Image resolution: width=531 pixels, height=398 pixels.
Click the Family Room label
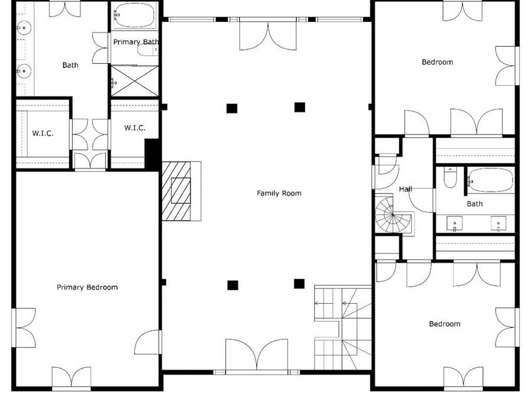279,193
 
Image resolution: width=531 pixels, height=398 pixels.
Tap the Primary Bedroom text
87,287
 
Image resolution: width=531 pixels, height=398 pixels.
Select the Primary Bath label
136,42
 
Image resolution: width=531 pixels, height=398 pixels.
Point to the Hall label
405,189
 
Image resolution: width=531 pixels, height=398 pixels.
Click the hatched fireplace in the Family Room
176,191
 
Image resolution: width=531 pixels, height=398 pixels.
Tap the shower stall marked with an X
135,81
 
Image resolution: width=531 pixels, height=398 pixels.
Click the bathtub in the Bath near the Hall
490,180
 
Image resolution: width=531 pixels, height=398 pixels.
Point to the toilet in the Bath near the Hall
450,177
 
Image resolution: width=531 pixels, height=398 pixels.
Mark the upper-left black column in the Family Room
232,108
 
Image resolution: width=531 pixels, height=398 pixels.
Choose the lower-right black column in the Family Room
299,284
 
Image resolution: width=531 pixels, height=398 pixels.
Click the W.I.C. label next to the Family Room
135,128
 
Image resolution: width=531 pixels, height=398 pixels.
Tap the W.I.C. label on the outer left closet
42,133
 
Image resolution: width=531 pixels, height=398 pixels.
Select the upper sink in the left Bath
24,27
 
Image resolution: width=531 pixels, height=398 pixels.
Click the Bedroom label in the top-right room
437,63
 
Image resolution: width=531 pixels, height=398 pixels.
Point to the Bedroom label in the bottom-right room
445,324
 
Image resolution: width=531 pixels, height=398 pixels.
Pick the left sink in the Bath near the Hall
454,223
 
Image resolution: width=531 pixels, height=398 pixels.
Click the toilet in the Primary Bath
147,51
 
